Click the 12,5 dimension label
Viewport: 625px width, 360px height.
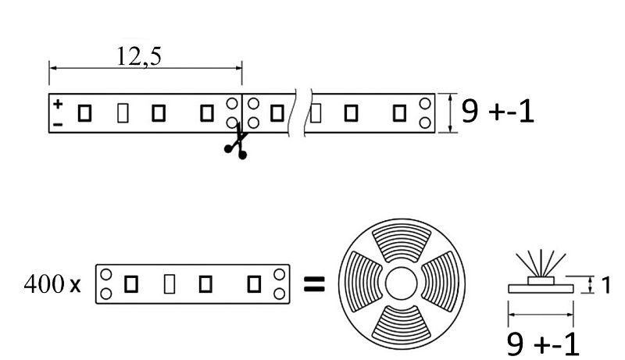(x=139, y=56)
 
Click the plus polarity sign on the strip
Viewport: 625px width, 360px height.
(x=58, y=104)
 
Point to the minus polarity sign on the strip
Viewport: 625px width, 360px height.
(x=58, y=125)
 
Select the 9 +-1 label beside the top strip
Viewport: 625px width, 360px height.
(x=498, y=111)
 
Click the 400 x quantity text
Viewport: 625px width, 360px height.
(x=52, y=284)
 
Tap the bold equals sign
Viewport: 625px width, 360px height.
(x=315, y=284)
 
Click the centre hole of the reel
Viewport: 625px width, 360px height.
(x=402, y=283)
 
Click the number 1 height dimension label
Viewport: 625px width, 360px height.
(x=605, y=285)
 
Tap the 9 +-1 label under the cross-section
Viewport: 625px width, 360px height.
(x=543, y=344)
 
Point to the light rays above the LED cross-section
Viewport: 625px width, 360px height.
(x=541, y=263)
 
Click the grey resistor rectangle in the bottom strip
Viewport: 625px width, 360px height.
(x=170, y=284)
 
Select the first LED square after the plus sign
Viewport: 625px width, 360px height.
(x=84, y=113)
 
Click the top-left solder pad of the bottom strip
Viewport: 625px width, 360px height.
(x=106, y=274)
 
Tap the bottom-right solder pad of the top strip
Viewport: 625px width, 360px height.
(x=425, y=123)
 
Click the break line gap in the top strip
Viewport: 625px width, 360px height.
(x=301, y=113)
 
